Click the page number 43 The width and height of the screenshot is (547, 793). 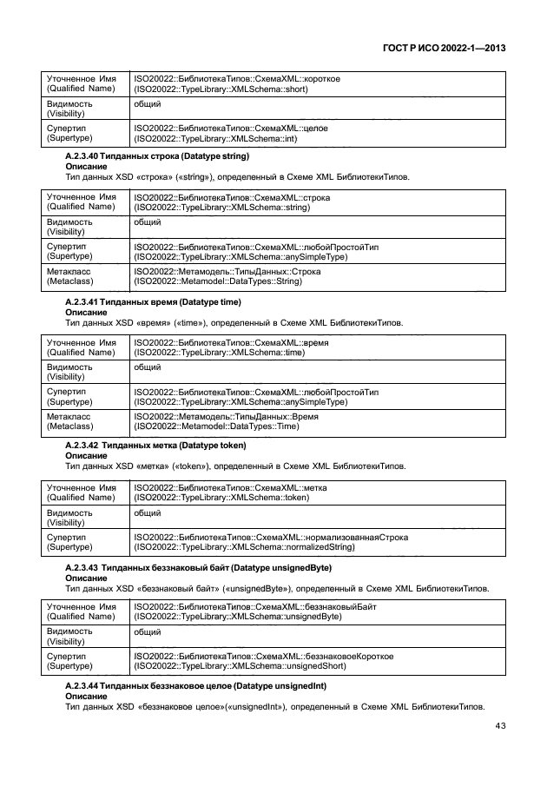click(x=500, y=726)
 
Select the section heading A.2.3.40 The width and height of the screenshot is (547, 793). click(x=157, y=156)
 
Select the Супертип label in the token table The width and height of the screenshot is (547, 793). click(x=69, y=542)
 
